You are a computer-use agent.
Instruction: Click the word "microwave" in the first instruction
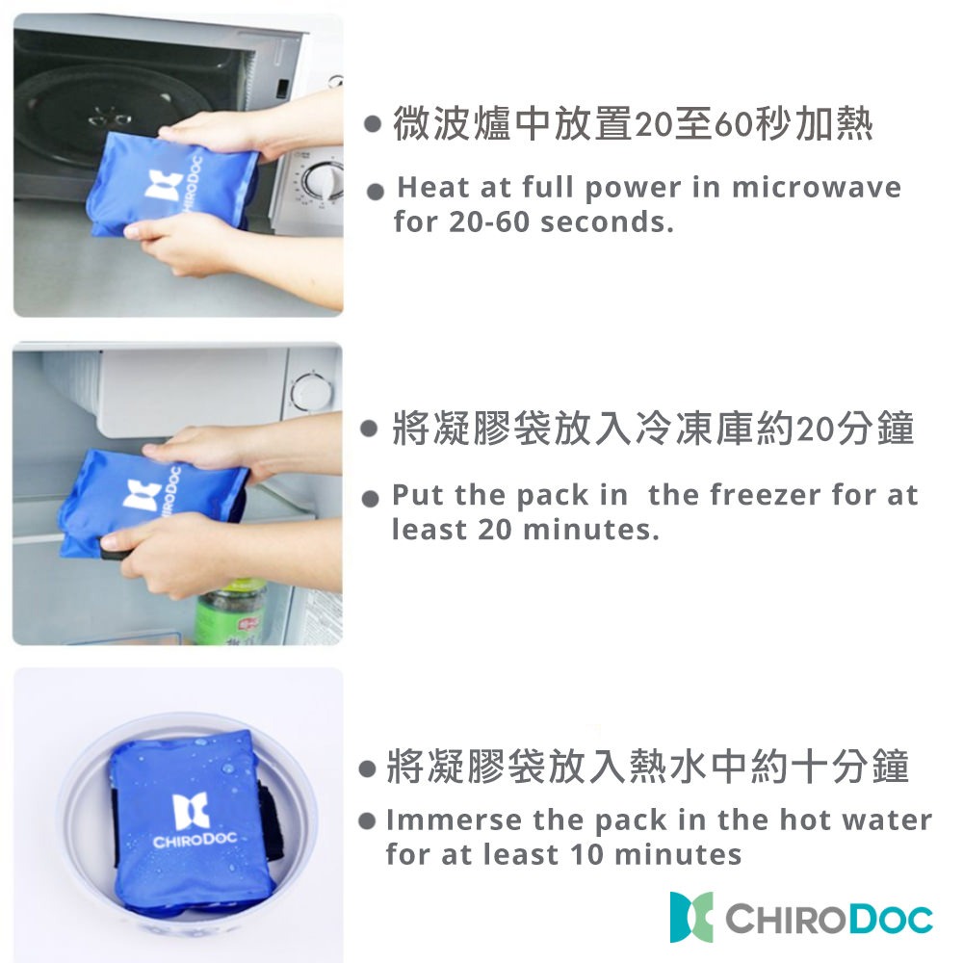816,187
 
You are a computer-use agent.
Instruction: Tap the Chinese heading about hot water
646,767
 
